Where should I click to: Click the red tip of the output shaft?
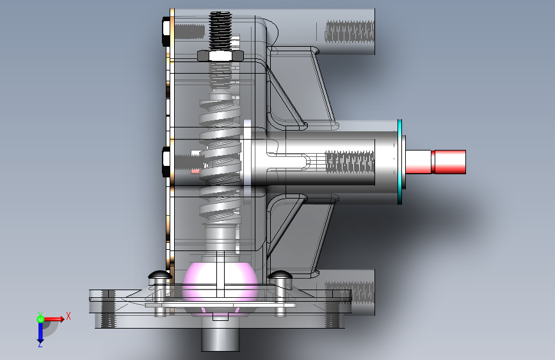coord(449,162)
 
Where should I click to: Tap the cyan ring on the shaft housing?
coord(400,162)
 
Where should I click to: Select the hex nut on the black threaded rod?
coord(220,56)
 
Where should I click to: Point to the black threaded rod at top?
coord(220,31)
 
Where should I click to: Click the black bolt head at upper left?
coord(166,31)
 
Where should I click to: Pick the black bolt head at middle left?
coord(166,162)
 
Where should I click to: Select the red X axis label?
coord(68,316)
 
